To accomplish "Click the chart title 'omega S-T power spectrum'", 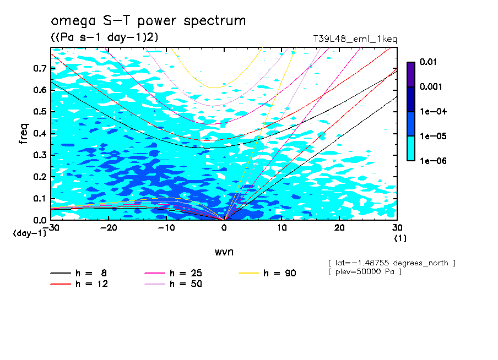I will (x=148, y=21).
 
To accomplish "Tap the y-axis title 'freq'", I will (x=24, y=134).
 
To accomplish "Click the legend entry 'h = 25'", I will (x=186, y=273).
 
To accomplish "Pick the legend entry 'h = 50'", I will (x=186, y=284).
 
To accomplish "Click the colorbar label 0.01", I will (x=427, y=62).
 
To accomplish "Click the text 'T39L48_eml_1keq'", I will (x=354, y=39).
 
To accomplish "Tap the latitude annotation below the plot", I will (x=391, y=263).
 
